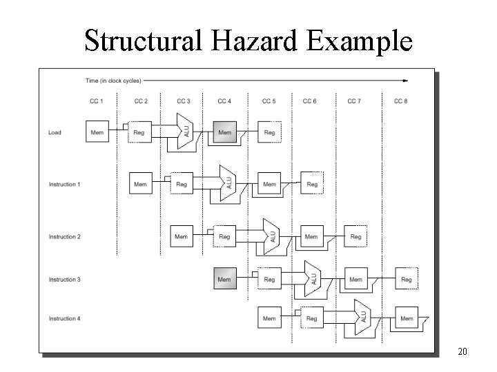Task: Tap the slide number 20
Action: [462, 353]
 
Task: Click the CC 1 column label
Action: [97, 101]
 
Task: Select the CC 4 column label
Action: [224, 101]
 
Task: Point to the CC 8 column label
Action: [400, 101]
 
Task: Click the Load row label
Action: [55, 132]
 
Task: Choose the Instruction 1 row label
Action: [64, 184]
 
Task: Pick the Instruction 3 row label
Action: [64, 279]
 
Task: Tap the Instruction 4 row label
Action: [64, 318]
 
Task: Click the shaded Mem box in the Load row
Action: [225, 132]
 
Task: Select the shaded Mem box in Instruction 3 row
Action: [224, 279]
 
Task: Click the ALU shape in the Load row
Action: [184, 132]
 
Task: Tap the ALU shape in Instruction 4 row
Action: [360, 318]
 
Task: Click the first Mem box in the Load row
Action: [97, 132]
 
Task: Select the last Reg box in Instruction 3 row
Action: [407, 279]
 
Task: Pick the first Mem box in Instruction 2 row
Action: [182, 236]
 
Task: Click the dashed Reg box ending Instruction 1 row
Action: [312, 184]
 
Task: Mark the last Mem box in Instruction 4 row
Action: [407, 318]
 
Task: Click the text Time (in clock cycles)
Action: [113, 81]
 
